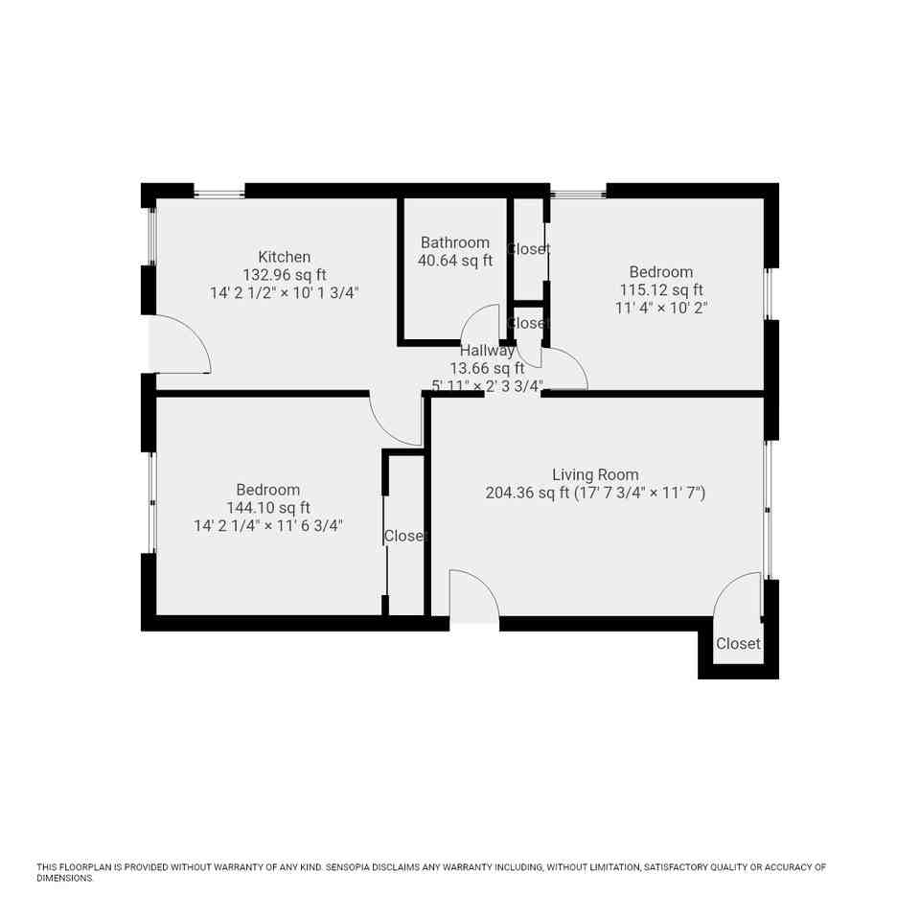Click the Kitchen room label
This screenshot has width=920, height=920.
tap(284, 257)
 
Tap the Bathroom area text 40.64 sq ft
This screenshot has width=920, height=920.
tap(454, 261)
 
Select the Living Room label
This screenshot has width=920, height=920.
tap(595, 474)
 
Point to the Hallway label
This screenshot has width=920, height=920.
tap(487, 351)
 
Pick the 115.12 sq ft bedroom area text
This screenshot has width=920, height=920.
tap(661, 289)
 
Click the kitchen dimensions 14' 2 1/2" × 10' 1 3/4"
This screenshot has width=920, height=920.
tap(284, 292)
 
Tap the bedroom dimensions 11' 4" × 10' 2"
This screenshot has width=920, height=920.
tap(661, 308)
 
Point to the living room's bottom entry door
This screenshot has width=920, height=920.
tap(474, 596)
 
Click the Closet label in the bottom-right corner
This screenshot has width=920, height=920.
tap(738, 644)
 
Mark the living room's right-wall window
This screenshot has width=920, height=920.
tap(767, 508)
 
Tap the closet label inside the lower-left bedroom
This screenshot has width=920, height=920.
tap(403, 536)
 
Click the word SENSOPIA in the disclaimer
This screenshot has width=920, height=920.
tap(352, 867)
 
